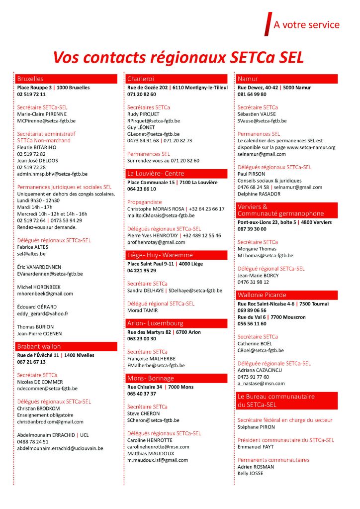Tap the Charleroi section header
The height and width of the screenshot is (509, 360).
click(177, 79)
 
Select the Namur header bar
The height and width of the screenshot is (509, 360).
click(286, 79)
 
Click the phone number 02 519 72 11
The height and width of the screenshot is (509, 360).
click(31, 94)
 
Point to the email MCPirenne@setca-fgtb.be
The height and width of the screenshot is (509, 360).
click(46, 120)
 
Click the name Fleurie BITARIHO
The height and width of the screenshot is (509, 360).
click(37, 147)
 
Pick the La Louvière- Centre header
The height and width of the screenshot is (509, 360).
click(177, 174)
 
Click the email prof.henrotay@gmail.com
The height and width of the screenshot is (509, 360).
click(156, 242)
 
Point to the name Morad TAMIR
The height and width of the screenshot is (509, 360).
click(142, 310)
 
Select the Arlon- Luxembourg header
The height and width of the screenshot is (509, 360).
click(177, 323)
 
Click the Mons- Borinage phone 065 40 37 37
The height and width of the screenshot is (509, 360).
click(142, 394)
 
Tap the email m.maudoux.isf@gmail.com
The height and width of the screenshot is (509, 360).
click(158, 460)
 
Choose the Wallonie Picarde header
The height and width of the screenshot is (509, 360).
click(286, 295)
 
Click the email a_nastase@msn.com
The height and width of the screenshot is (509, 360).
click(261, 384)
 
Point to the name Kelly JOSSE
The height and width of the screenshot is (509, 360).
click(251, 473)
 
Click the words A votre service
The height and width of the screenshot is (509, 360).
click(306, 25)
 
